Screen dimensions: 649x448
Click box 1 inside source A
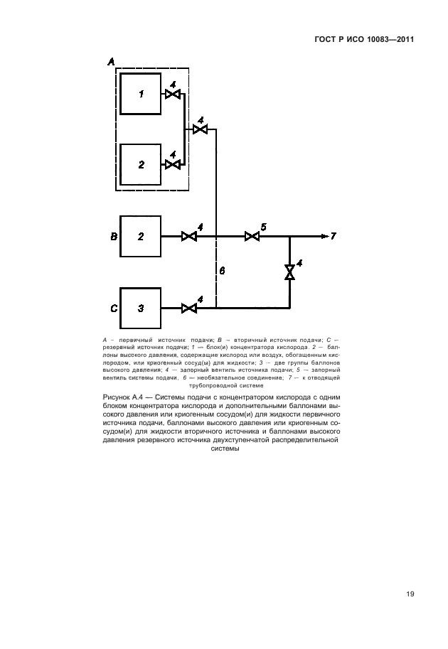141,93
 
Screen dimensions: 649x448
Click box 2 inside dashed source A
141,164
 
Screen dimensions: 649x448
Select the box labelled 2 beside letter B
141,236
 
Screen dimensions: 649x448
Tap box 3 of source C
141,308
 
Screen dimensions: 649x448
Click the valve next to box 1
172,93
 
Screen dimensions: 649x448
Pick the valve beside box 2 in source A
172,164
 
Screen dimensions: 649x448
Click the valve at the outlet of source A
201,129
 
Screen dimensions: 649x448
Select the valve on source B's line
189,236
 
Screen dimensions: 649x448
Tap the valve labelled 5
252,236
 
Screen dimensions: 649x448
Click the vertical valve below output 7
289,272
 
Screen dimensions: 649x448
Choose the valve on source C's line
189,308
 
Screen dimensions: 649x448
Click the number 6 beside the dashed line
222,271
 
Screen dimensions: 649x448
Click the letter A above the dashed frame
111,63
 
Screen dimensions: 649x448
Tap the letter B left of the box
113,236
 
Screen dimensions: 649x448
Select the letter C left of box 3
113,309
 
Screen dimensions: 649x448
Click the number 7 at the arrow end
333,236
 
